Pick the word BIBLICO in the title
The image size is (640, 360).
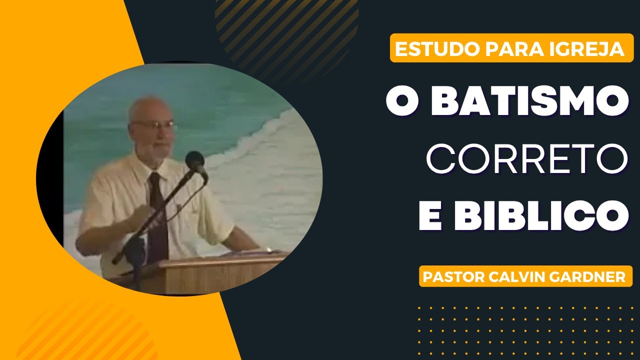click(545, 215)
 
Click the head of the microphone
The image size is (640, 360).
click(195, 161)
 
